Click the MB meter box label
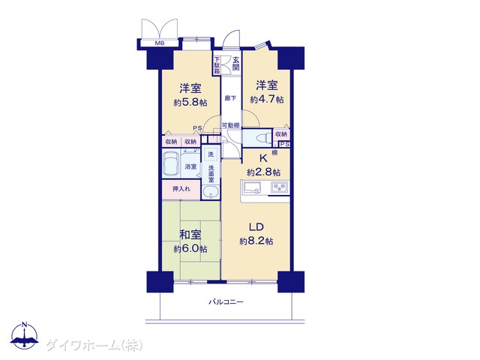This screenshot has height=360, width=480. coord(160,43)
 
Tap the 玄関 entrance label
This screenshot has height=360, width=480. coord(235,63)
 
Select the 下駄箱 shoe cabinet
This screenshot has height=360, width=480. coord(217,65)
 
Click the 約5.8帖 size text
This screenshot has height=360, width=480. coord(190,102)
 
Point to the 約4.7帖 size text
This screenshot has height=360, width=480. coord(267,99)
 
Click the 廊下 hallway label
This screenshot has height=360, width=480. coord(230,98)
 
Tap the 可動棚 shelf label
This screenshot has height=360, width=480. coord(230,125)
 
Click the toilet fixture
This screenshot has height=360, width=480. coord(263,137)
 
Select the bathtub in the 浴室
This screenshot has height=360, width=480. coord(171,165)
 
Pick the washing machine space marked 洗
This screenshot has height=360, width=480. coord(211,154)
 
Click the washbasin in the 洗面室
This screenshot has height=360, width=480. coord(211,192)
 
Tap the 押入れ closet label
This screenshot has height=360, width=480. coord(181,189)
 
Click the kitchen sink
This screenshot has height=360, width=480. coord(252,187)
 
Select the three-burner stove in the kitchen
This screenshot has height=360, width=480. coord(280,187)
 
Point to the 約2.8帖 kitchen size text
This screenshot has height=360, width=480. coord(263,172)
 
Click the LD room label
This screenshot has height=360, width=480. coord(256,227)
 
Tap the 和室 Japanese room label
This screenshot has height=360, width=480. coord(190,235)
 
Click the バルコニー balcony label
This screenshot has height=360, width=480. coord(226,302)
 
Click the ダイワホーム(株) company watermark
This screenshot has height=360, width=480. coord(94,346)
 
